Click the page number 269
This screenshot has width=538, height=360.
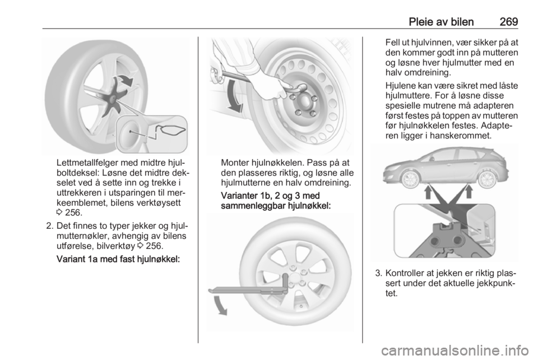tap(507, 21)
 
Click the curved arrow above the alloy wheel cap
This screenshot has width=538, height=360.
tap(125, 80)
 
